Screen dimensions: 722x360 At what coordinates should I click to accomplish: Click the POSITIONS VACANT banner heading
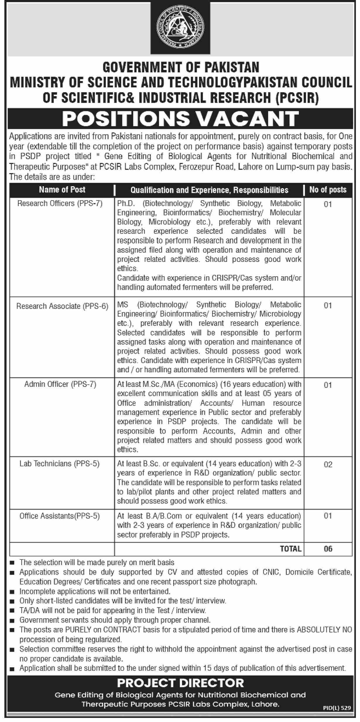point(180,119)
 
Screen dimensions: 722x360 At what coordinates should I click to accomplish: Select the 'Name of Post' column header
point(62,190)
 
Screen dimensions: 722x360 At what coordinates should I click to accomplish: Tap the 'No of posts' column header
point(328,190)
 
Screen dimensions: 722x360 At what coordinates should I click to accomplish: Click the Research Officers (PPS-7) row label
point(60,203)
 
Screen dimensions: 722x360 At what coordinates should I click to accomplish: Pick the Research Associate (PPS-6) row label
point(62,306)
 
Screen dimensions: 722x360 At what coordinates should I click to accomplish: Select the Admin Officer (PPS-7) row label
point(60,384)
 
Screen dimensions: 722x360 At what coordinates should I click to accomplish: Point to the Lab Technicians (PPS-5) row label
point(59,463)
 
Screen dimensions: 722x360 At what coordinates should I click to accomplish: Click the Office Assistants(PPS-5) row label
point(60,516)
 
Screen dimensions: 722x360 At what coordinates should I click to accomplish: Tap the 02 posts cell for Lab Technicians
point(328,465)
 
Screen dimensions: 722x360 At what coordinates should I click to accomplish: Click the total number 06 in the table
point(328,549)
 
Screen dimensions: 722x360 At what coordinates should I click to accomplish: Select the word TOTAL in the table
point(291,549)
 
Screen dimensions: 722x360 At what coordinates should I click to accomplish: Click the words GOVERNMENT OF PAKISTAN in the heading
point(181,67)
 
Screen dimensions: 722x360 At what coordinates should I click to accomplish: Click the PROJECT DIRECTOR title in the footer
point(180,683)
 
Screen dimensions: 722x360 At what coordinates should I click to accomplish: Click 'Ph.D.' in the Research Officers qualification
point(125,203)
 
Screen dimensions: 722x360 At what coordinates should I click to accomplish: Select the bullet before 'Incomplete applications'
point(12,591)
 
